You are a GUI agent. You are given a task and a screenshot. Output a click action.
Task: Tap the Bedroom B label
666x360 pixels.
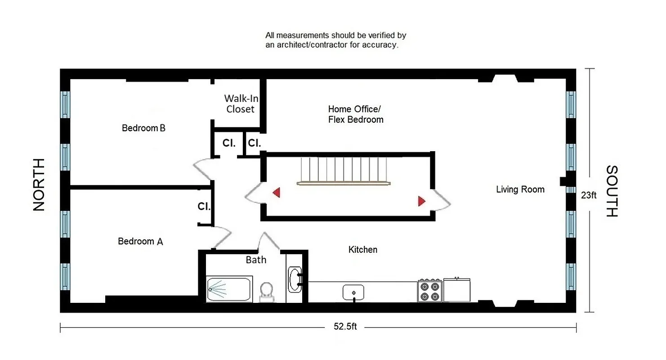(x=144, y=128)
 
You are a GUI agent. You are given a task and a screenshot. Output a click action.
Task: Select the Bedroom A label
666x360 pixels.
(x=140, y=242)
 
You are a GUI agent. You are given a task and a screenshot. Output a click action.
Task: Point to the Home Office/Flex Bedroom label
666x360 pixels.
(x=355, y=114)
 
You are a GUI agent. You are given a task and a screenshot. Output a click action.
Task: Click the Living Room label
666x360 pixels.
(x=520, y=189)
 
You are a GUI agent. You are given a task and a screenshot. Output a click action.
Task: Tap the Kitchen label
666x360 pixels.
(x=363, y=249)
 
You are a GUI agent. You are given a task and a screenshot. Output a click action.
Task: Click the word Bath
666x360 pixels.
(x=256, y=260)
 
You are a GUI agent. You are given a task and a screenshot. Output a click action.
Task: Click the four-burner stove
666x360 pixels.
(x=429, y=291)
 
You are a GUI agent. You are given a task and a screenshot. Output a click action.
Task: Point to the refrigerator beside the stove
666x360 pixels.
(x=456, y=290)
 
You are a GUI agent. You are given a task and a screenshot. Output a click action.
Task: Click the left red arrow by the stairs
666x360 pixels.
(x=277, y=193)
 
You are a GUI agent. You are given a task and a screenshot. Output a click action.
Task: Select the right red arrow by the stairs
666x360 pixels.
(x=421, y=201)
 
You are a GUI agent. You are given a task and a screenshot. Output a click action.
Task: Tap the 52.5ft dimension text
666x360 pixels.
(x=345, y=327)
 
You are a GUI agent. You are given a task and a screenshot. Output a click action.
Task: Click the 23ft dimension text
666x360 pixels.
(x=589, y=195)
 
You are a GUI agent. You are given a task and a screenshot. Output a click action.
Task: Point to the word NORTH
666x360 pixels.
(x=40, y=184)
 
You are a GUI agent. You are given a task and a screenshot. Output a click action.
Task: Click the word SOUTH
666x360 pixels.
(x=612, y=191)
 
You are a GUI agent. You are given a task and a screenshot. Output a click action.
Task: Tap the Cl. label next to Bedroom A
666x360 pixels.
(x=204, y=207)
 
